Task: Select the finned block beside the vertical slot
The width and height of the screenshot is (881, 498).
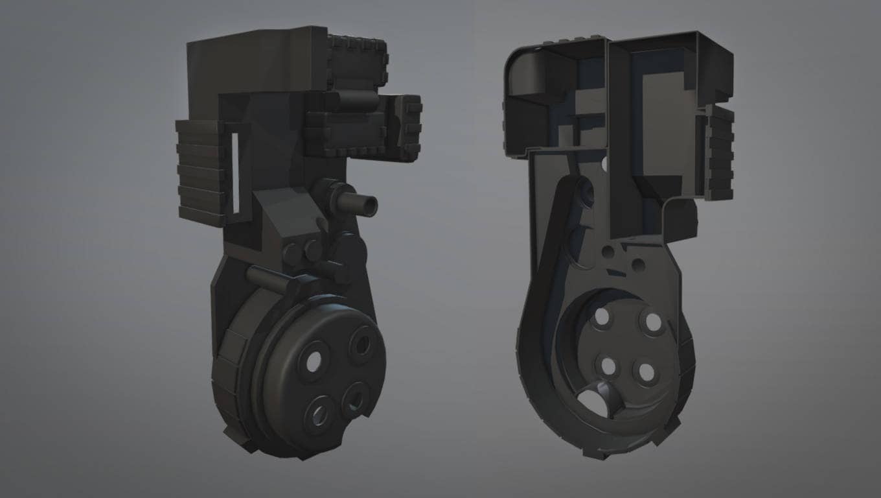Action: click(201, 172)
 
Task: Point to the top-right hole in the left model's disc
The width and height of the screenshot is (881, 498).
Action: click(361, 344)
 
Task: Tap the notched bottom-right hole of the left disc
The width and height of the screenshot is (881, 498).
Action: click(355, 398)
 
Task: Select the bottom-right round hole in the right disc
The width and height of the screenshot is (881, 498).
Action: click(646, 372)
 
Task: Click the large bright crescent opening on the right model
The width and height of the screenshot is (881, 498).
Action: click(596, 401)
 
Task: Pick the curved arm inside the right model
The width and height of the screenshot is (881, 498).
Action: click(557, 246)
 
